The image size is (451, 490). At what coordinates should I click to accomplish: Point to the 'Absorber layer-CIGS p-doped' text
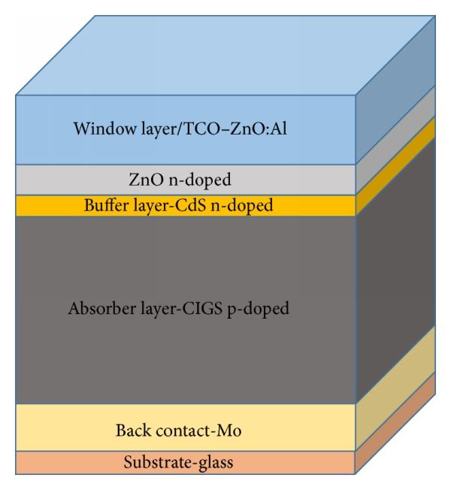point(178,309)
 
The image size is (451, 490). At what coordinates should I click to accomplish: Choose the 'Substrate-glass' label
point(178,462)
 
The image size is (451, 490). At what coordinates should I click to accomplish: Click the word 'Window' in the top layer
point(97,129)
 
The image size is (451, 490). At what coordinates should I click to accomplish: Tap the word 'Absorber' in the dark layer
point(98,309)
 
